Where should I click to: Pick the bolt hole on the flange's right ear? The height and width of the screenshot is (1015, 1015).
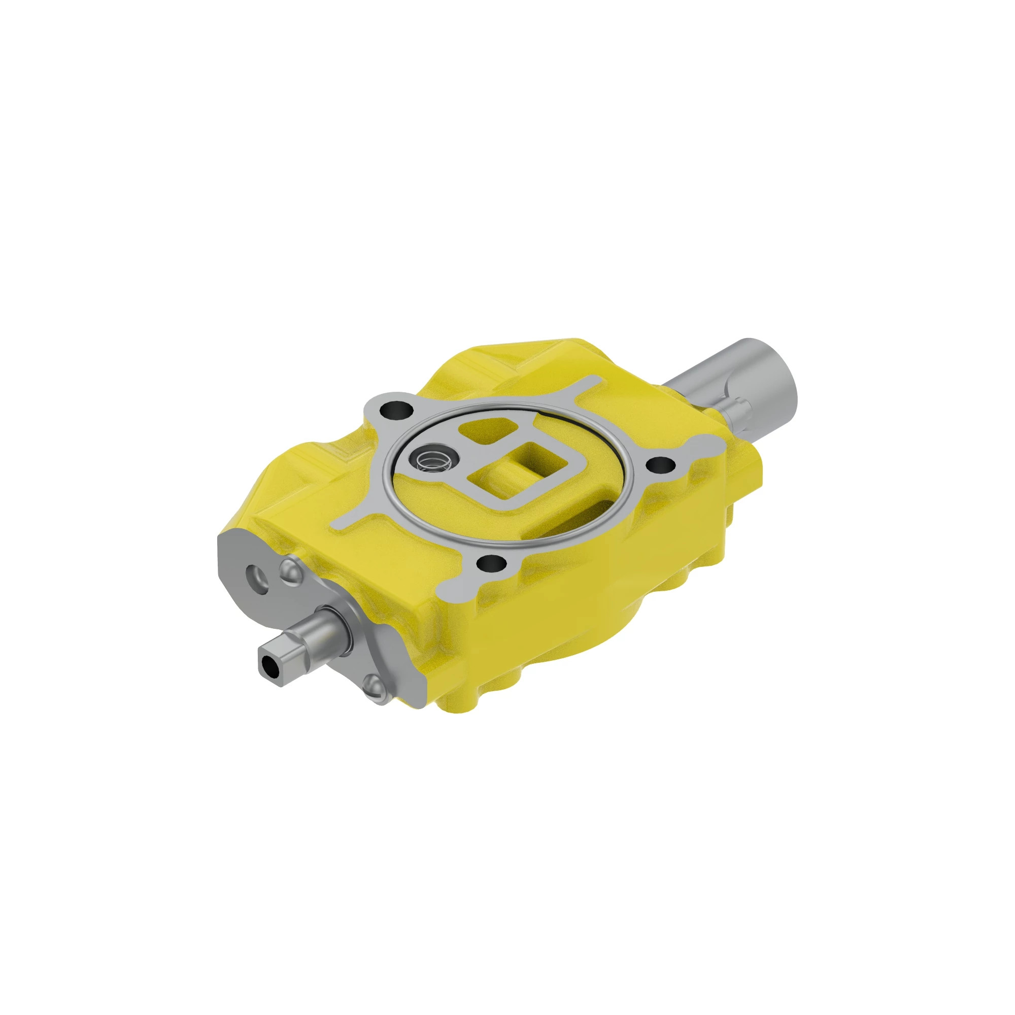(659, 465)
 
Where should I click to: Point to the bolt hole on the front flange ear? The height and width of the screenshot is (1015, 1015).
(491, 564)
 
